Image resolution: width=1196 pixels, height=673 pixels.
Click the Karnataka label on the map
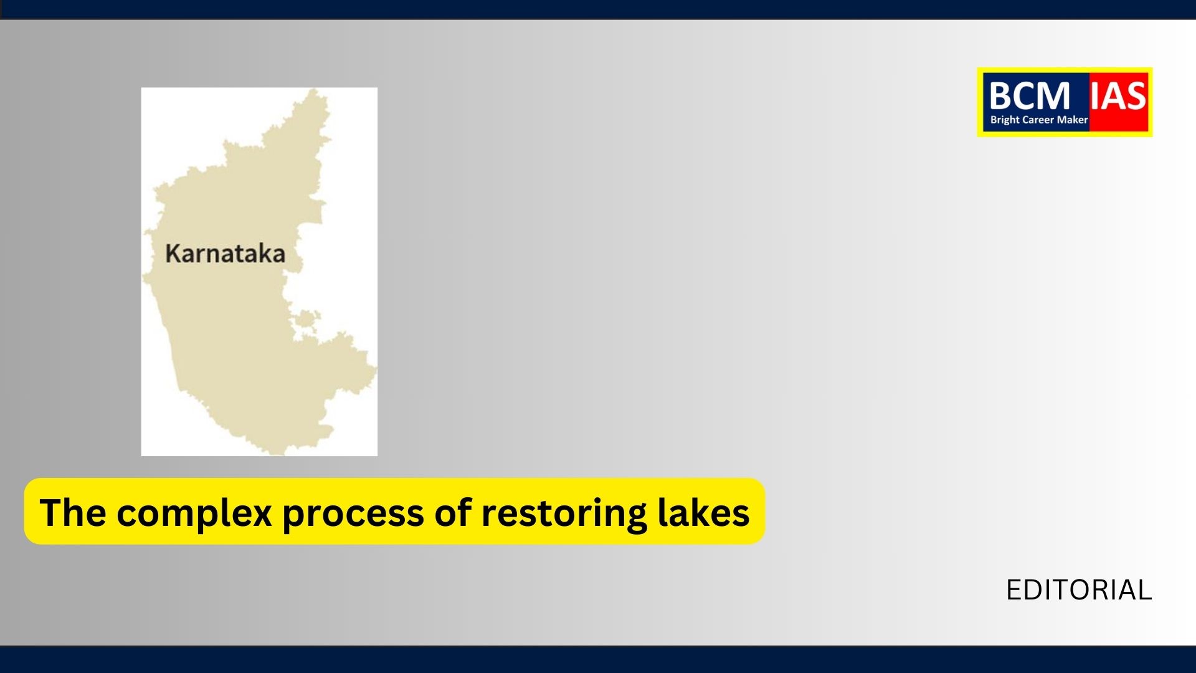(x=225, y=254)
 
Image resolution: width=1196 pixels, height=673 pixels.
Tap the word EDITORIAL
(x=1079, y=590)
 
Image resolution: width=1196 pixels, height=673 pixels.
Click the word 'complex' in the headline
(x=194, y=514)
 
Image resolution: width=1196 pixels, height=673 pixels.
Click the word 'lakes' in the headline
(x=704, y=512)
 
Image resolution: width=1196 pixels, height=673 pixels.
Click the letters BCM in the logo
(x=1029, y=97)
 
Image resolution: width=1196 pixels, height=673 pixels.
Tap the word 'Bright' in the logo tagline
(x=1005, y=120)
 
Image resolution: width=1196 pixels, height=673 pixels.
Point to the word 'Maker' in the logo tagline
(x=1073, y=120)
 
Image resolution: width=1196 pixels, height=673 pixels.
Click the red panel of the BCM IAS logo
(x=1119, y=102)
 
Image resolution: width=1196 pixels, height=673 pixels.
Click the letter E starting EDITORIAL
(x=1015, y=590)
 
